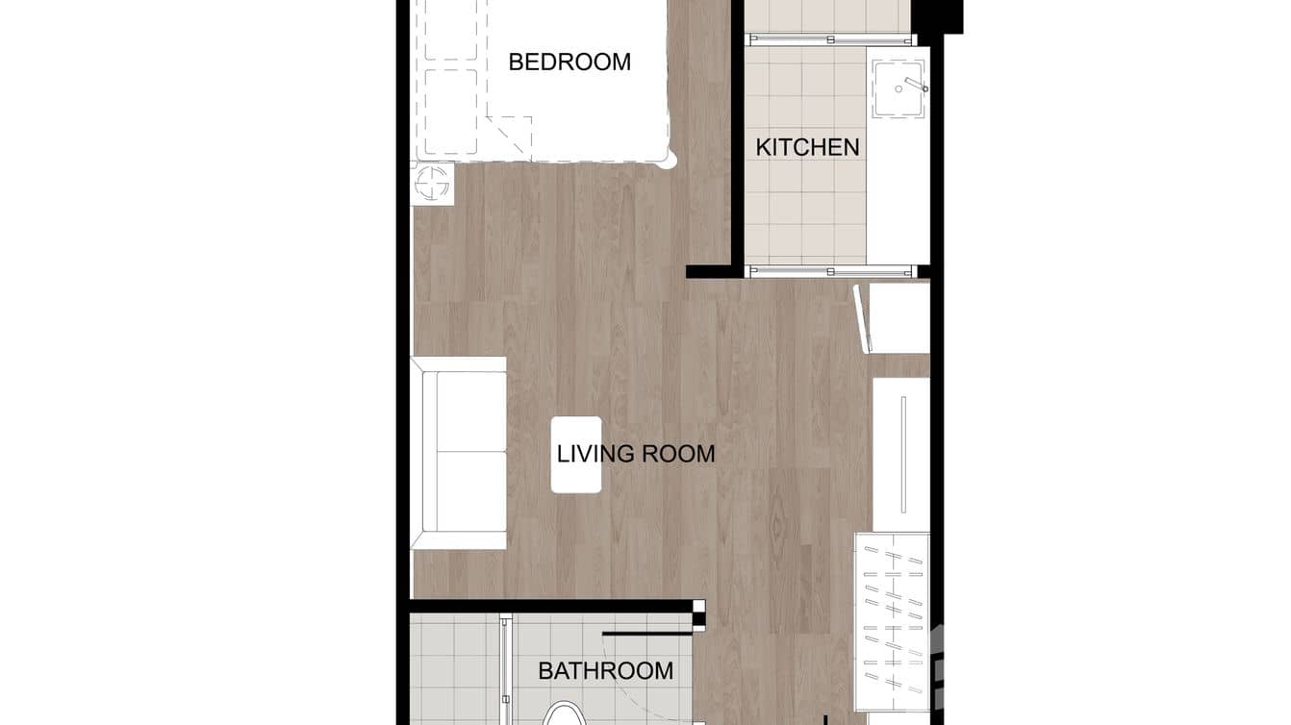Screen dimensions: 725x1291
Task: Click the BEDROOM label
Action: point(570,62)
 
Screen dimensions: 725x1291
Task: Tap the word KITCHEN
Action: point(807,147)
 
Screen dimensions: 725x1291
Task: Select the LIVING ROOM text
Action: point(636,454)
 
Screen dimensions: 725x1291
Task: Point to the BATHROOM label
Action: point(605,671)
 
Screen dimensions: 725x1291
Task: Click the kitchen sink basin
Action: point(897,89)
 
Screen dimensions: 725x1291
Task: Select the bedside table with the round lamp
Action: point(433,183)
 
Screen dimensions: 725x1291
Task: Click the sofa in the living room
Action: point(459,452)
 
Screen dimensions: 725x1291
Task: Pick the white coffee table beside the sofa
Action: point(576,455)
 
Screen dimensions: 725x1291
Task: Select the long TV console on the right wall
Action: point(901,454)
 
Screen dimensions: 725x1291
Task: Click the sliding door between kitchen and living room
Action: point(831,271)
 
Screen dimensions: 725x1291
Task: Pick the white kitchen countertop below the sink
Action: point(897,192)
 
